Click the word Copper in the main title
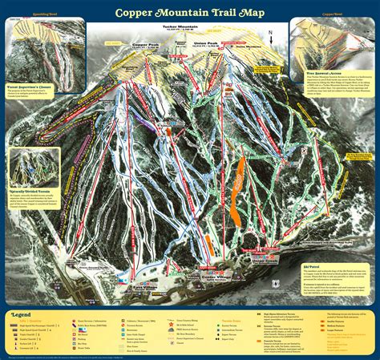point(137,13)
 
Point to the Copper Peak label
point(147,44)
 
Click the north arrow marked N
point(271,37)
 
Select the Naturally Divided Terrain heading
point(33,192)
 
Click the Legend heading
point(22,315)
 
